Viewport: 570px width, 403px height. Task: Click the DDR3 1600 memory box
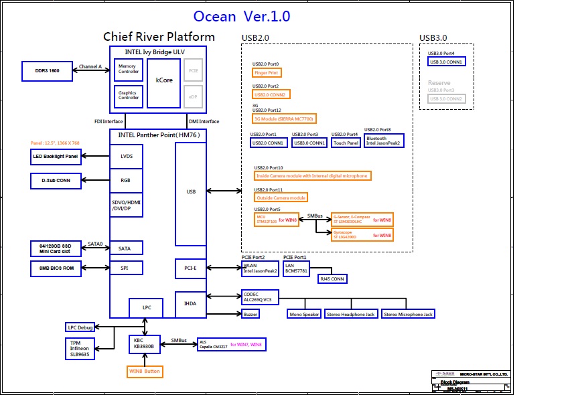[46, 72]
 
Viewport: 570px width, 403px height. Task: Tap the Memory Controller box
[129, 69]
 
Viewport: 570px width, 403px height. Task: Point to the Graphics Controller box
[129, 96]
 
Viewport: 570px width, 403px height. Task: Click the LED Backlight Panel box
[56, 157]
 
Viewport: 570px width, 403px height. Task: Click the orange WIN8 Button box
[145, 371]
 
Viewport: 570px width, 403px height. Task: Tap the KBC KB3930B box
[144, 344]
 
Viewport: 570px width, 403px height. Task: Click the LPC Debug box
[80, 327]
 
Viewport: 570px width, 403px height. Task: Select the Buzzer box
[250, 314]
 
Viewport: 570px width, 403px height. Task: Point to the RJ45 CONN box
[332, 278]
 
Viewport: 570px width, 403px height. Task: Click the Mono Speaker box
[304, 314]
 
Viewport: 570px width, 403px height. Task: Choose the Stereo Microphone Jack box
[408, 314]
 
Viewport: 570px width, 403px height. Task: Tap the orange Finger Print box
[266, 72]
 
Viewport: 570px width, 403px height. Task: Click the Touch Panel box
[346, 143]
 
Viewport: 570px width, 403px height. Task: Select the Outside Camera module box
[281, 197]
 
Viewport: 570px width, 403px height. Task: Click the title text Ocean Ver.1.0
[242, 16]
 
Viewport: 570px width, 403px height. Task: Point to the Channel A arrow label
[90, 67]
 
